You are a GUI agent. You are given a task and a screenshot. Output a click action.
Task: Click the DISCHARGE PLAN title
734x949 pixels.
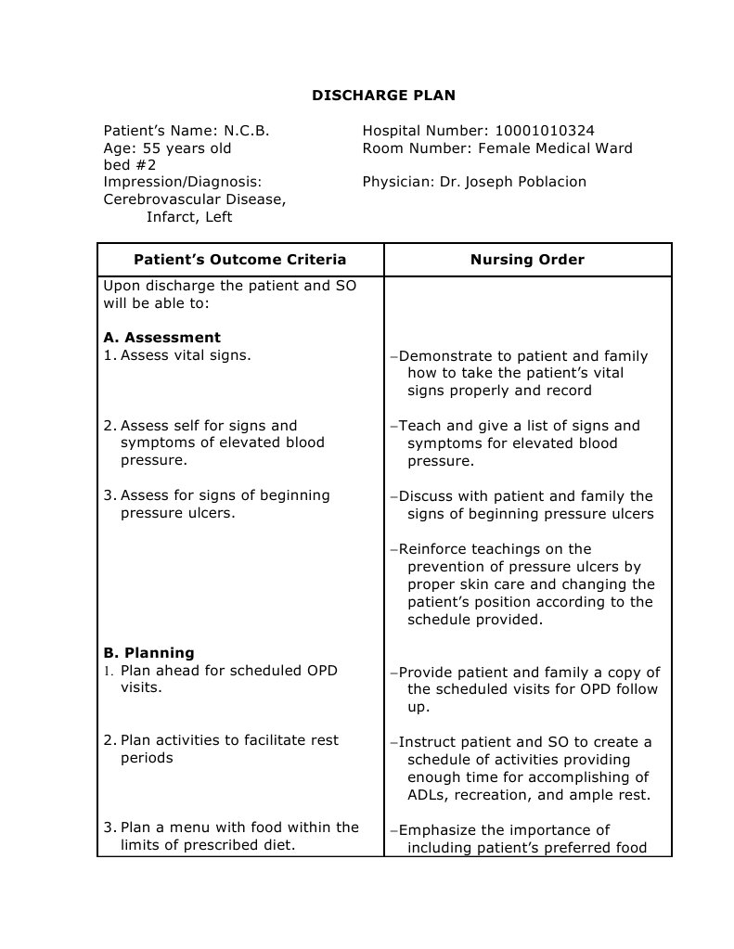coord(383,96)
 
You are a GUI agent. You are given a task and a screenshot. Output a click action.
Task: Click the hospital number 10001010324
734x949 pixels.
coord(541,131)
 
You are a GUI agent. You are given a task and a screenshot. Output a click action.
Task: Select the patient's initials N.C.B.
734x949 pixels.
coord(246,131)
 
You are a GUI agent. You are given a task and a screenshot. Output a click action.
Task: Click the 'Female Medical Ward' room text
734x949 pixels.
coord(555,148)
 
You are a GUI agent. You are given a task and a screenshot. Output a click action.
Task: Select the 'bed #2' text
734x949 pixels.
coord(130,165)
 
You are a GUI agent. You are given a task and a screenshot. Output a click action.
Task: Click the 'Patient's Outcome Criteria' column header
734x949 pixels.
coord(240,260)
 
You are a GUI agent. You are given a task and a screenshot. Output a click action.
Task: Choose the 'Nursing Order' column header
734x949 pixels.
coord(527,260)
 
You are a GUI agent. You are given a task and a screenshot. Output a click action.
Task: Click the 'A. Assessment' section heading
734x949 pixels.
coord(162,338)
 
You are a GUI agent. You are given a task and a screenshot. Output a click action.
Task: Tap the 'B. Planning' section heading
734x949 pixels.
coord(148,653)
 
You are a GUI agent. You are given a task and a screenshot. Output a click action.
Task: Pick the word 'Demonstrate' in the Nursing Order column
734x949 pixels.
coord(442,356)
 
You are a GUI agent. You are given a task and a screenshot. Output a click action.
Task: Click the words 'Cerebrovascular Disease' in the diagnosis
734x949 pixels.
coord(194,199)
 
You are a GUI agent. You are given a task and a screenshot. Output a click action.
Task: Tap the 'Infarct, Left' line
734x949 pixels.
coord(189,217)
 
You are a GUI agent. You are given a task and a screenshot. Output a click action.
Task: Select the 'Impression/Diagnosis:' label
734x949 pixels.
coord(183,182)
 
